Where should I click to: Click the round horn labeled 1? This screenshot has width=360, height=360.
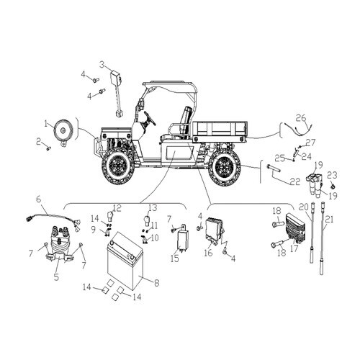[63, 132]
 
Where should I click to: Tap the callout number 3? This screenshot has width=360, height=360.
[103, 65]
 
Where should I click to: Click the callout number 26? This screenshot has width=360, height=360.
[301, 118]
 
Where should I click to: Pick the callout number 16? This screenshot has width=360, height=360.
[209, 253]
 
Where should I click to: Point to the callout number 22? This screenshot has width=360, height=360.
[295, 181]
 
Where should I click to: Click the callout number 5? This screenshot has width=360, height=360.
[56, 276]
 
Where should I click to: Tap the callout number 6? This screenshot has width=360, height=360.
[39, 199]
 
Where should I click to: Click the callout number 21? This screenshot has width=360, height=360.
[329, 219]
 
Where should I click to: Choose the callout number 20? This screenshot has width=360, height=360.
[304, 207]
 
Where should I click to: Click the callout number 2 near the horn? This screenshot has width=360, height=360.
[39, 142]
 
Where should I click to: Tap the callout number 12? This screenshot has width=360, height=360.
[117, 208]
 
